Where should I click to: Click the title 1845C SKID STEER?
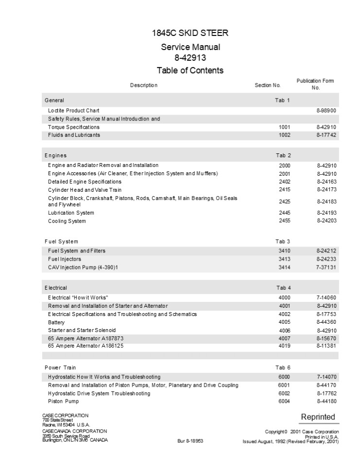coord(190,33)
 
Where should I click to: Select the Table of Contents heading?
coord(190,70)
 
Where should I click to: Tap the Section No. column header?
coord(268,85)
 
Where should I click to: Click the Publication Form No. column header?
coord(315,84)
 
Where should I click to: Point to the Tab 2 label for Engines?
coord(283,155)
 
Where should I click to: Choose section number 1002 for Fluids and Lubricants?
coord(284,135)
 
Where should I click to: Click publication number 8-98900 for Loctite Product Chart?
coord(326,111)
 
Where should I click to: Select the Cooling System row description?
coord(67,221)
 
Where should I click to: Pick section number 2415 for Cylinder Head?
coord(284,189)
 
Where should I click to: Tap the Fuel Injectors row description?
coord(65,259)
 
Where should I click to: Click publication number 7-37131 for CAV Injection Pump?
coord(326,267)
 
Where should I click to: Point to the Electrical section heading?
coord(56,288)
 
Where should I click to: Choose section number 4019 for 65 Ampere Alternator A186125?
coord(284,346)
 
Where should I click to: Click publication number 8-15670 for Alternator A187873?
coord(326,338)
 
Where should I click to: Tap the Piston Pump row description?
coord(63,401)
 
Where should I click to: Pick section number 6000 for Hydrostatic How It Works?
coord(284,377)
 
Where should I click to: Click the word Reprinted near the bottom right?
coord(318,417)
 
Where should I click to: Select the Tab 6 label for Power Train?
coord(283,367)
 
